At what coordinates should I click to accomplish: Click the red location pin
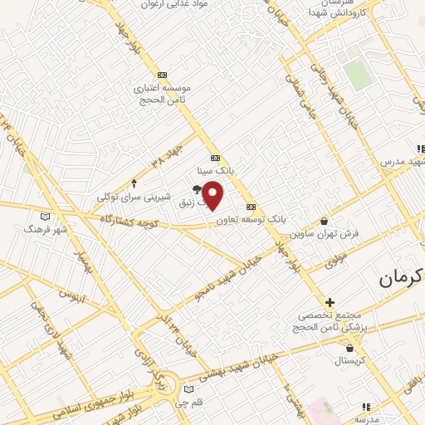click(213, 194)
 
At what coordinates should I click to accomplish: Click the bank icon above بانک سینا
click(215, 158)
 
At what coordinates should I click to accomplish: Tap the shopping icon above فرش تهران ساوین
click(324, 221)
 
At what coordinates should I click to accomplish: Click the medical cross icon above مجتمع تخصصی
click(330, 302)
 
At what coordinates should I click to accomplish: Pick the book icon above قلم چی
click(189, 389)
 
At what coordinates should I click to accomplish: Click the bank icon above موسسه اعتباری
click(162, 75)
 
